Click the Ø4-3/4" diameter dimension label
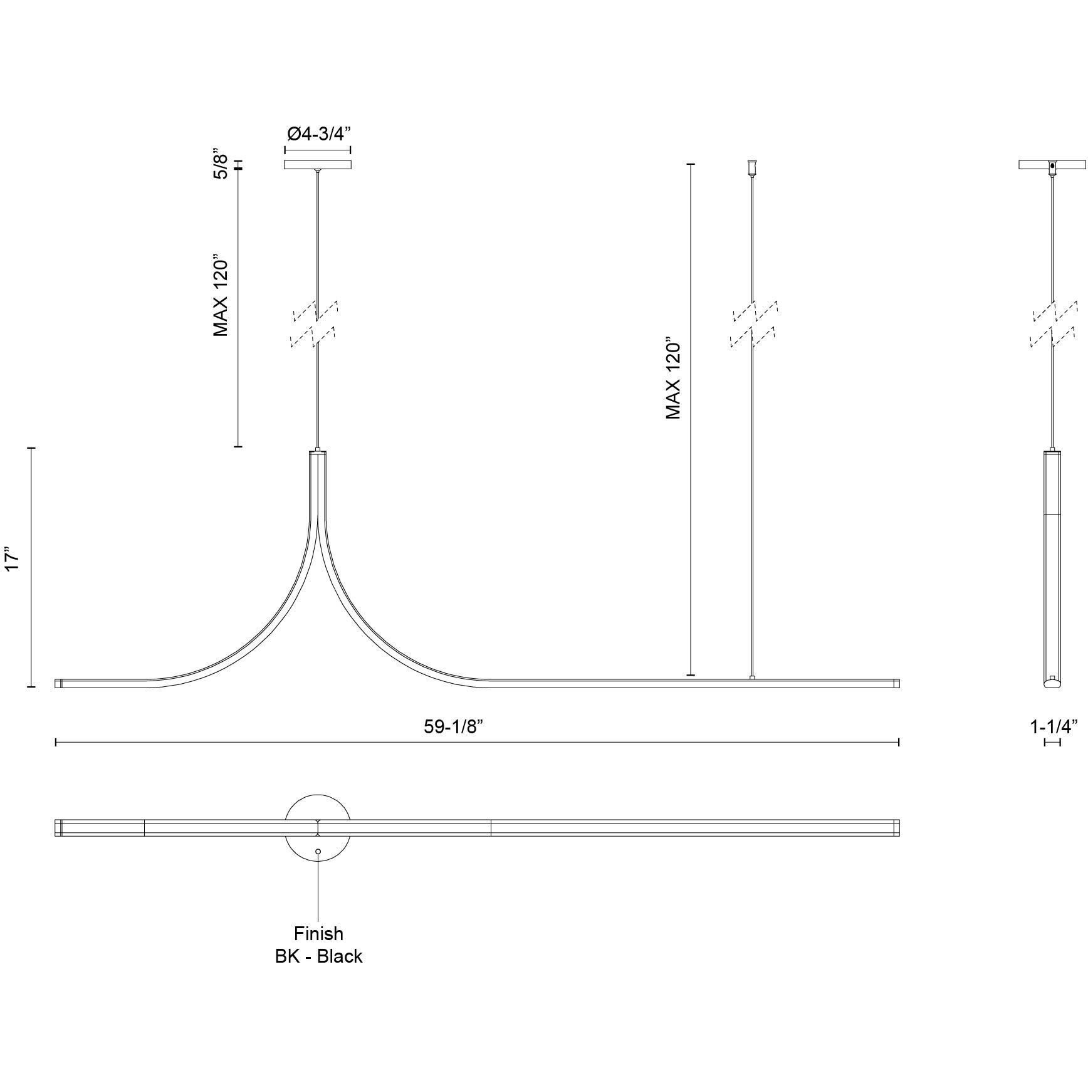click(317, 134)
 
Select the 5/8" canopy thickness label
click(219, 164)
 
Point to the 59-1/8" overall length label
click(454, 726)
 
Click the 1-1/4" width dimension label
click(1054, 726)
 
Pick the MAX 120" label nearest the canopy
click(220, 295)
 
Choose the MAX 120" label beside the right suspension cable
click(674, 380)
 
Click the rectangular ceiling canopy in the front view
click(317, 165)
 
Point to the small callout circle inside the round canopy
click(318, 852)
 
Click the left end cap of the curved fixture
click(58, 684)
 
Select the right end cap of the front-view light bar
click(896, 684)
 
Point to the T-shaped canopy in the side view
click(1052, 166)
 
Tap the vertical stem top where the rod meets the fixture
click(318, 450)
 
